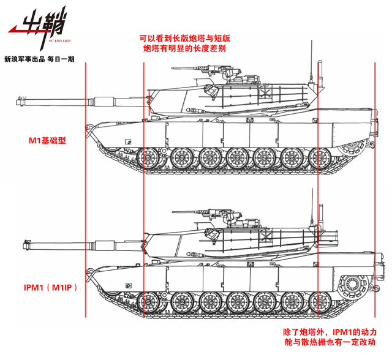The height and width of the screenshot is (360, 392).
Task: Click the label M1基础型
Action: [47, 140]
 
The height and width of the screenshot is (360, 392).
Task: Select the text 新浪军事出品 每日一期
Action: [39, 59]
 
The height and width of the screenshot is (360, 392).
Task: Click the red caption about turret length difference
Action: [184, 42]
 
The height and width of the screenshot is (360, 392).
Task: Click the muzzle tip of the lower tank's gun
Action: [25, 246]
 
